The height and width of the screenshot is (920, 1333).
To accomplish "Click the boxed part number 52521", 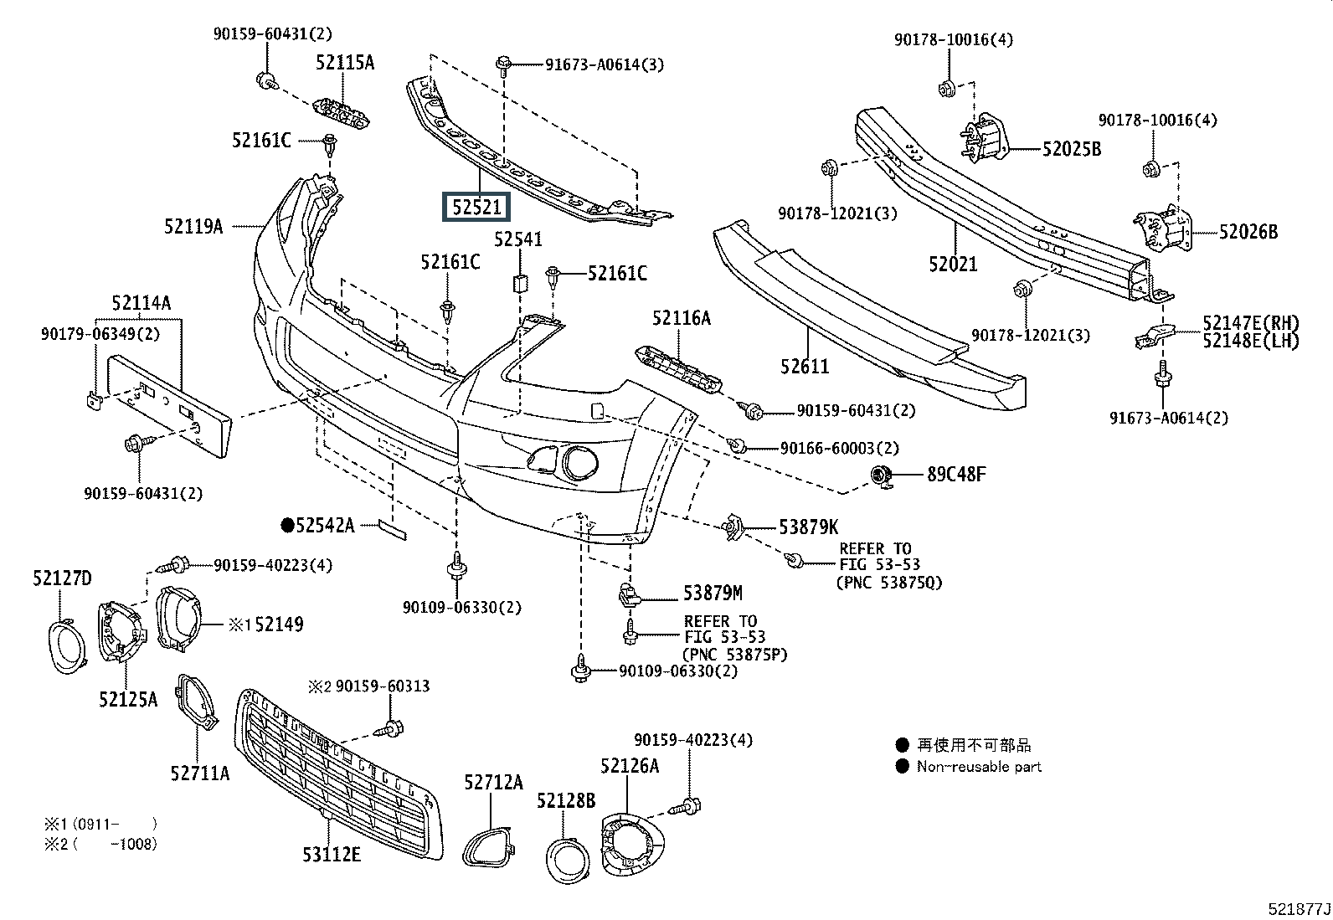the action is tap(476, 207).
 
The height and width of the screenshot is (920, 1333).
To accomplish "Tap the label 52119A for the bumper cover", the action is tap(193, 226).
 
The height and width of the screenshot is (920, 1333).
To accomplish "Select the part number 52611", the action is tap(805, 366).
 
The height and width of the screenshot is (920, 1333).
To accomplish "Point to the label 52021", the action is tap(953, 264).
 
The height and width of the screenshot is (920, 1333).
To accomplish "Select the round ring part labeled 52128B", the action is tap(569, 861).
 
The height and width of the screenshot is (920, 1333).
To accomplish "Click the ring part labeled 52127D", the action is tap(67, 646).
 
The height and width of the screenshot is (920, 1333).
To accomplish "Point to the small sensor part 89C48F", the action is tap(882, 476).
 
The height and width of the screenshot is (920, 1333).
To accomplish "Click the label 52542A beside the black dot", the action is tap(325, 526).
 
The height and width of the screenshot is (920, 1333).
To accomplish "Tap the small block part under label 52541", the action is tap(520, 283).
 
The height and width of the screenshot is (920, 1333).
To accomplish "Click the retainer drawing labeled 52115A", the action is tap(342, 113).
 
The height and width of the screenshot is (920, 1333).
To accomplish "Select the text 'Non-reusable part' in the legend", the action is tap(979, 767).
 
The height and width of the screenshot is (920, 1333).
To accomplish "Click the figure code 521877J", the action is tap(1299, 908).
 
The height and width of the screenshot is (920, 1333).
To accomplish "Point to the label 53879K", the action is tap(809, 527).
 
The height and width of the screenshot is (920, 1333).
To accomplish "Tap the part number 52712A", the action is tap(493, 782).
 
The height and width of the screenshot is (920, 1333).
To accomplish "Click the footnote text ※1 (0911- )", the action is tap(100, 825).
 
